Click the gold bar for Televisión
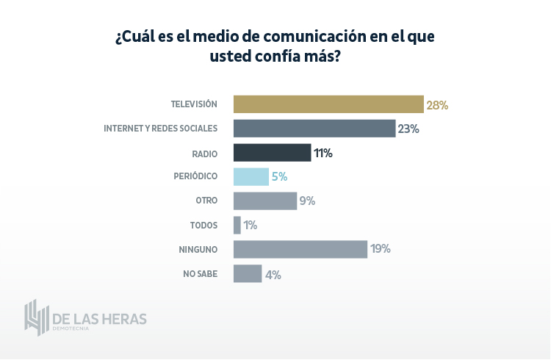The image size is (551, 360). (x=328, y=104)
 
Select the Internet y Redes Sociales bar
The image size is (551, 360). (x=314, y=129)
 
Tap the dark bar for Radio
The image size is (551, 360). (x=272, y=153)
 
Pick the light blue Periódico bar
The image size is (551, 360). (x=251, y=176)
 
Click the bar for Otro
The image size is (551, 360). (x=265, y=201)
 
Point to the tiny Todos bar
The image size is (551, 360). (x=237, y=225)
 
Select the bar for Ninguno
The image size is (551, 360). (x=300, y=249)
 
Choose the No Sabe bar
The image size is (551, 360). (x=248, y=273)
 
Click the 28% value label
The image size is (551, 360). (x=437, y=104)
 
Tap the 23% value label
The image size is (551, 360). (x=408, y=129)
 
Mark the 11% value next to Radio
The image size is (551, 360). (x=323, y=153)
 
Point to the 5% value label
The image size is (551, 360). (x=278, y=176)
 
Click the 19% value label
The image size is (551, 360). (x=381, y=249)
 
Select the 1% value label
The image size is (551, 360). (x=251, y=225)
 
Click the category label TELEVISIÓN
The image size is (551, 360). (x=194, y=104)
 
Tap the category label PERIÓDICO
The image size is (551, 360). (x=195, y=176)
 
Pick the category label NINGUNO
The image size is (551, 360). (x=198, y=249)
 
